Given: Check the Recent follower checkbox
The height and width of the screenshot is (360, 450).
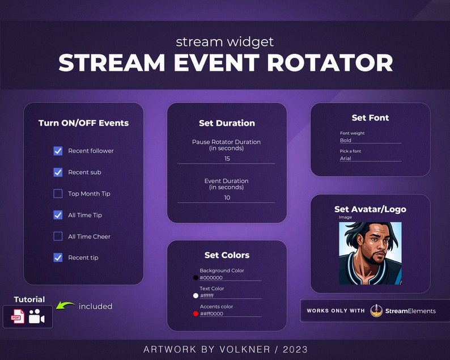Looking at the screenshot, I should [x=58, y=151].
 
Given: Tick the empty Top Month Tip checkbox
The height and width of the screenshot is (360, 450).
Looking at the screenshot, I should [x=58, y=194].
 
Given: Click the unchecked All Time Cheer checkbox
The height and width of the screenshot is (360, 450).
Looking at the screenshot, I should [x=58, y=236].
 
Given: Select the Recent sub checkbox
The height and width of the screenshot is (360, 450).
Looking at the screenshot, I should [x=58, y=172].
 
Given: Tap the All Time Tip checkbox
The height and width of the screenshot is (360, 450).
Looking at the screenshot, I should [x=58, y=215].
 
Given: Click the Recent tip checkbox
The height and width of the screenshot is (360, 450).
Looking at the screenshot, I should [x=58, y=257].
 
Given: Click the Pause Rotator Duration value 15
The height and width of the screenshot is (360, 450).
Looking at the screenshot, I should [x=227, y=159].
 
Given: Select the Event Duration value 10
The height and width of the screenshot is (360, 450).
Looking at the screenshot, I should [x=227, y=198].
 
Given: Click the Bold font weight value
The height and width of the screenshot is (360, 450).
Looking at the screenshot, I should [x=346, y=140].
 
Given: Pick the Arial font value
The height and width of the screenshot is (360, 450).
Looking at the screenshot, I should [x=346, y=158].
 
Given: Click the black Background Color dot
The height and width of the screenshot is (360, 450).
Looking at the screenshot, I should [x=196, y=278].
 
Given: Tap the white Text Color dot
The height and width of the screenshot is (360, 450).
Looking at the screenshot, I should [x=196, y=295].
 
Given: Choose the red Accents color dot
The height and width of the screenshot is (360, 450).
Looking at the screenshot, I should [x=196, y=314].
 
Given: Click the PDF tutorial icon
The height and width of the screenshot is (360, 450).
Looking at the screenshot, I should [x=17, y=317].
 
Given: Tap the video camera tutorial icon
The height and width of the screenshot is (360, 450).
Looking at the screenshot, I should [x=37, y=317].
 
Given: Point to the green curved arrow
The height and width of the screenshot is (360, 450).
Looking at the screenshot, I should [x=66, y=307].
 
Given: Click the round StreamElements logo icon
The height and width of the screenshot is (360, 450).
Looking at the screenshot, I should [x=376, y=311].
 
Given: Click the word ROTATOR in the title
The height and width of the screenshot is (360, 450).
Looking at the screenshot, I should [x=330, y=63].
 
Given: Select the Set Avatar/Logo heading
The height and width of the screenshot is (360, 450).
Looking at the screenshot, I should [x=370, y=209].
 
